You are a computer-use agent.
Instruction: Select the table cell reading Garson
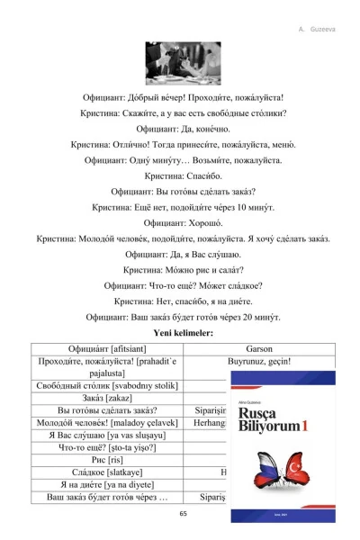tap(268, 349)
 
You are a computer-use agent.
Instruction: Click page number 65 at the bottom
tap(184, 514)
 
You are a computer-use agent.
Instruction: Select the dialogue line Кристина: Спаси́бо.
tap(184, 176)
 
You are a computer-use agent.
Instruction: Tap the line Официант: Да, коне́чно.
tap(184, 128)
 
